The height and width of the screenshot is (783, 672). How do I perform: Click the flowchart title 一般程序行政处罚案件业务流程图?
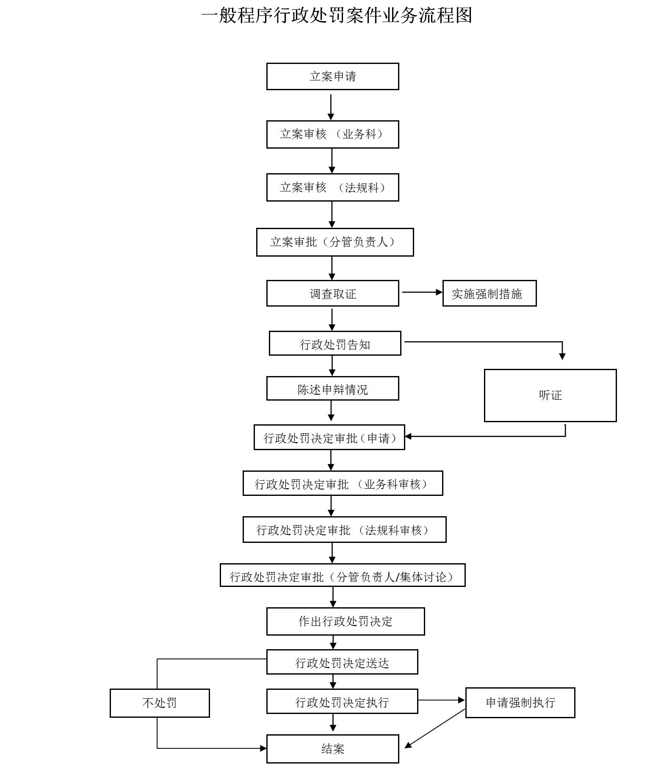[337, 16]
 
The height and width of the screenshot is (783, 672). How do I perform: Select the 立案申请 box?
[332, 76]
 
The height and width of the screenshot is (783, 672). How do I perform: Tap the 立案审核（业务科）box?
[332, 134]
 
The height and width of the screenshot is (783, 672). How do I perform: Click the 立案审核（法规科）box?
[332, 187]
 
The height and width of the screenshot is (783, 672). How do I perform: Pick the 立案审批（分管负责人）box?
[335, 242]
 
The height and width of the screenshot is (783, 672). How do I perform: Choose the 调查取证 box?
[332, 293]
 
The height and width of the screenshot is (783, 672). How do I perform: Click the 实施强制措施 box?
[489, 293]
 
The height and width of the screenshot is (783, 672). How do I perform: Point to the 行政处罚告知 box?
[335, 343]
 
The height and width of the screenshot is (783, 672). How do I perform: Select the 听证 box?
[550, 395]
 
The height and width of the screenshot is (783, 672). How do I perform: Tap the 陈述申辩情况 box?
[332, 388]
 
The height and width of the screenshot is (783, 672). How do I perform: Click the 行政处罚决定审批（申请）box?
[329, 437]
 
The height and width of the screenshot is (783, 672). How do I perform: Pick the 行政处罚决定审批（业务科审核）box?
[343, 483]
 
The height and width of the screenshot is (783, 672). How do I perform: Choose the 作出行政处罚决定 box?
[346, 621]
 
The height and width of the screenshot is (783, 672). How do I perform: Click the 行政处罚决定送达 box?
[342, 662]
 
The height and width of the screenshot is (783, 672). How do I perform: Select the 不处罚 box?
[160, 703]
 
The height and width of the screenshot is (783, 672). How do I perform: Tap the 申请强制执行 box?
[520, 703]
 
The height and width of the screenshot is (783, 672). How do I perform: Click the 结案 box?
[332, 749]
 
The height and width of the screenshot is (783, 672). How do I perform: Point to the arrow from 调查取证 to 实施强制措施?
[422, 292]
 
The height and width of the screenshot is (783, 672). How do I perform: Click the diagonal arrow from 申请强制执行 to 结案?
[435, 728]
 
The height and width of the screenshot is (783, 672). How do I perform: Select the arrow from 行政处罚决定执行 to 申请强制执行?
[442, 700]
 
